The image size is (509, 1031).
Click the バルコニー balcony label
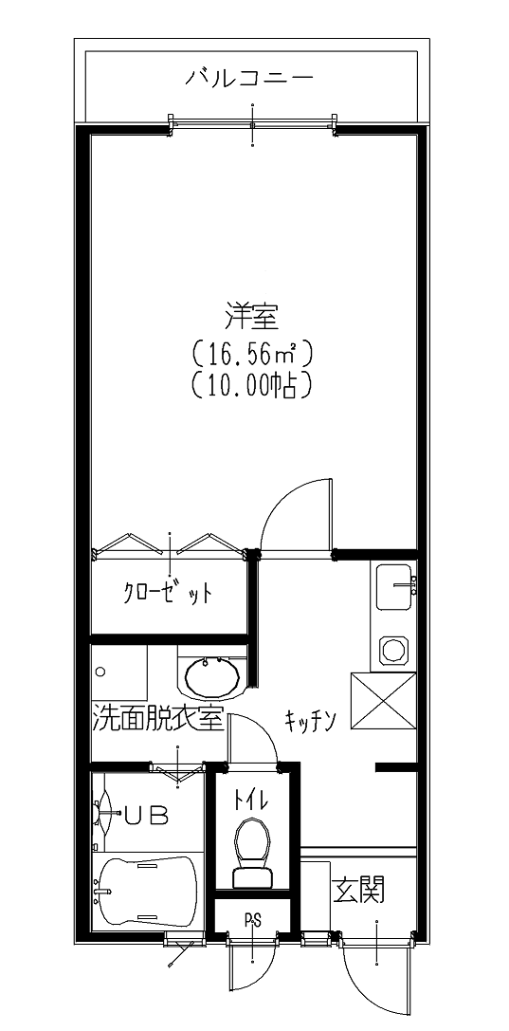coord(249,79)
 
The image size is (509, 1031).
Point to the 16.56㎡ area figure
coord(251,355)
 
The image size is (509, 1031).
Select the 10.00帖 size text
coord(251,386)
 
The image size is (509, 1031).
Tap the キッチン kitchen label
coord(311,721)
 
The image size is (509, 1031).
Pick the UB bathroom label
coord(147,816)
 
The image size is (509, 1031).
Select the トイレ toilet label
coord(250,801)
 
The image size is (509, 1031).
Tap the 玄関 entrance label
coord(358,891)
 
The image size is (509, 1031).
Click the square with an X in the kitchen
coord(384,700)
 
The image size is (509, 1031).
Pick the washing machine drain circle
coord(100,672)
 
